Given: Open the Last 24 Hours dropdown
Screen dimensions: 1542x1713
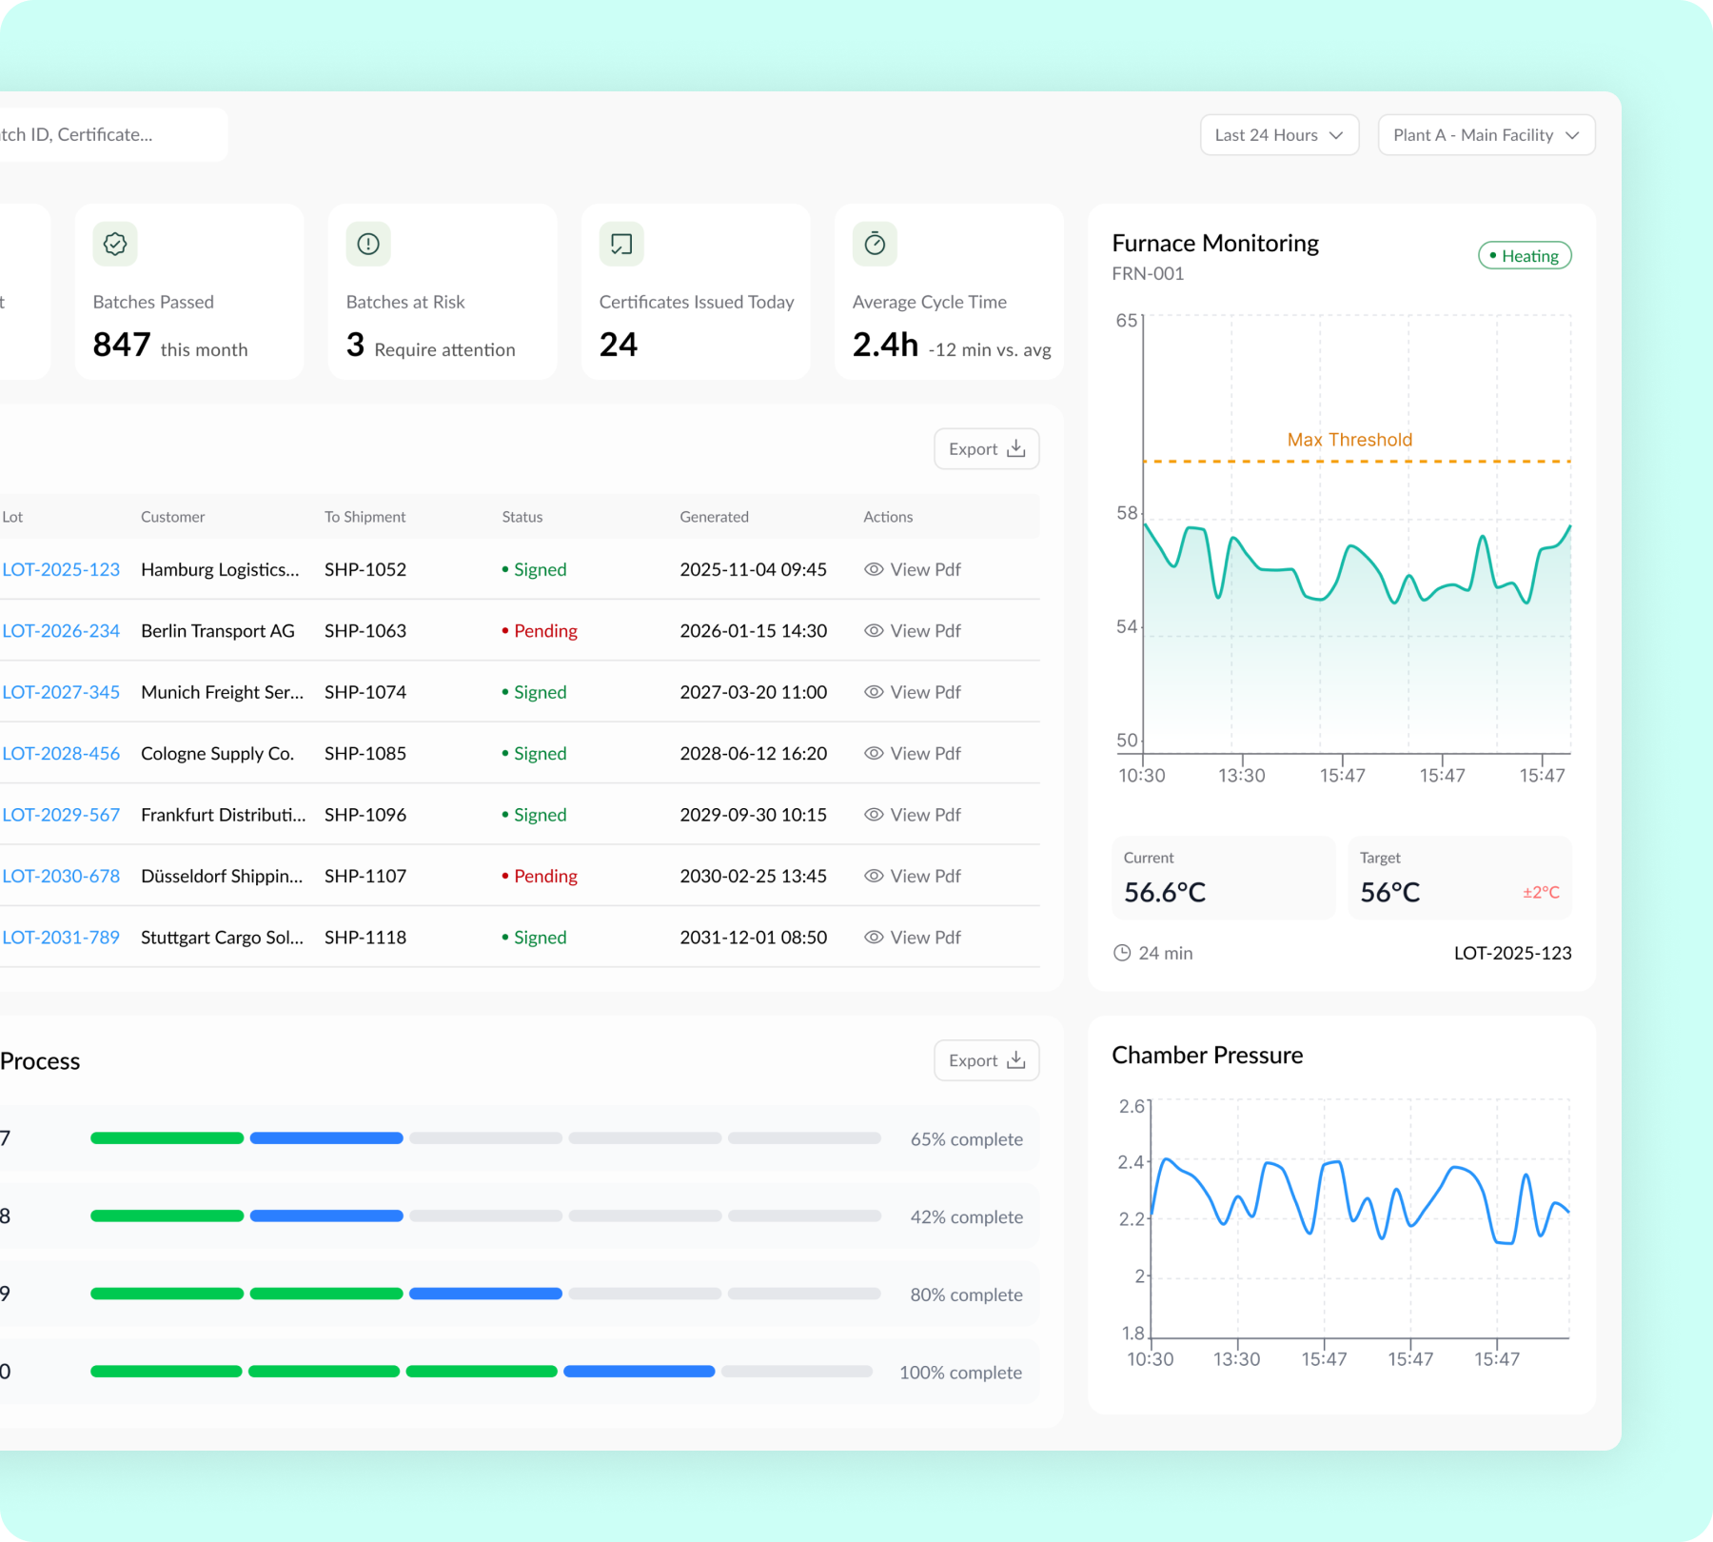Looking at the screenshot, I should pyautogui.click(x=1278, y=135).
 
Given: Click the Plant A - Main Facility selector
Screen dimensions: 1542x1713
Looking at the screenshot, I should pyautogui.click(x=1486, y=135).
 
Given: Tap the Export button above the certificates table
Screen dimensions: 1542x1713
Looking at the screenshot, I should pyautogui.click(x=986, y=449).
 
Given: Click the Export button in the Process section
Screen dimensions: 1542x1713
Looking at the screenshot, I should pyautogui.click(x=986, y=1060).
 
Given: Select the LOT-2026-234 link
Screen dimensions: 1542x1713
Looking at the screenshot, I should pyautogui.click(x=61, y=631).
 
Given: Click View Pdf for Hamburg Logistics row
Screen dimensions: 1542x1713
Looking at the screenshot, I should pyautogui.click(x=913, y=570).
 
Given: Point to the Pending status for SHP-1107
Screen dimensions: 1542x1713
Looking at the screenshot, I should pyautogui.click(x=541, y=877).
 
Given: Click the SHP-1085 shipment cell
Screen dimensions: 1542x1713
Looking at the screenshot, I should pyautogui.click(x=365, y=754).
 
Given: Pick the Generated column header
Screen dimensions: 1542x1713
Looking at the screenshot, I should pyautogui.click(x=714, y=517).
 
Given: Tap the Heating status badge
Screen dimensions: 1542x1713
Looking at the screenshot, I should pyautogui.click(x=1524, y=256).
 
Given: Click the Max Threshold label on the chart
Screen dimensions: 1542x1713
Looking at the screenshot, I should pyautogui.click(x=1349, y=440).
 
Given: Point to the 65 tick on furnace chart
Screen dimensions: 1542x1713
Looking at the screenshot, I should pyautogui.click(x=1127, y=321).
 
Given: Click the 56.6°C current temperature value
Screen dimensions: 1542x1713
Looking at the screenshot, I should pyautogui.click(x=1165, y=893).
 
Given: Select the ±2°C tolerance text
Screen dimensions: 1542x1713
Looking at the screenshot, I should pyautogui.click(x=1541, y=893).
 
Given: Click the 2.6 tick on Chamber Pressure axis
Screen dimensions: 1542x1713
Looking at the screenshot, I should pyautogui.click(x=1132, y=1106).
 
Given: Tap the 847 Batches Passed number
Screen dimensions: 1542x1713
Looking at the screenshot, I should pyautogui.click(x=122, y=345).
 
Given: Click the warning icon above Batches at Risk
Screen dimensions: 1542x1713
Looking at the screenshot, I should pyautogui.click(x=368, y=245).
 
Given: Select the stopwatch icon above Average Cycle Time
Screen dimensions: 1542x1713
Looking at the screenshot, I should pyautogui.click(x=875, y=245).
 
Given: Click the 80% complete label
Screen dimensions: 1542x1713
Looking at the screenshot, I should pyautogui.click(x=966, y=1295).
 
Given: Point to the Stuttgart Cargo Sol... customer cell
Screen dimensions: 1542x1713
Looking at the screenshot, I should pyautogui.click(x=222, y=938).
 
